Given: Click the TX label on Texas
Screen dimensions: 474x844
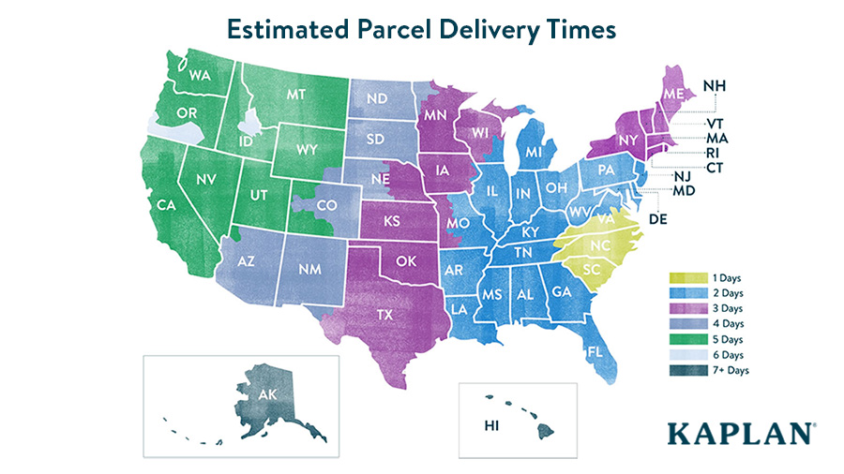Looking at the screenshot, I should pos(384,315).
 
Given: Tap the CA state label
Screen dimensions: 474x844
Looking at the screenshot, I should pos(168,204).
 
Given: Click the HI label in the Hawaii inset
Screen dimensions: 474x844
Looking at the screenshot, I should pos(490,427).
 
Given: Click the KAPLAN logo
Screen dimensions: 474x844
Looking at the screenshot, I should pos(740,434).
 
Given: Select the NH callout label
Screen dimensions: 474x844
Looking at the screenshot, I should pos(716,87).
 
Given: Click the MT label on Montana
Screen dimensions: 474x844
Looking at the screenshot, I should pos(297,94).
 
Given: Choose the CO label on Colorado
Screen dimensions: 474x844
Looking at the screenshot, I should pos(327,204).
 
